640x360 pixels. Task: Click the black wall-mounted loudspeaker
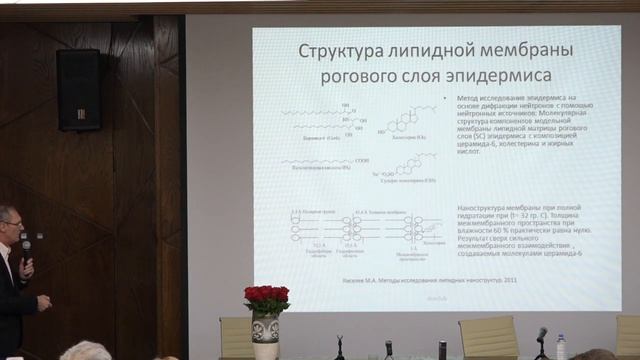[78, 89]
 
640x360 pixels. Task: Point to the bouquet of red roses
[266, 297]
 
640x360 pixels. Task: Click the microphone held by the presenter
[26, 250]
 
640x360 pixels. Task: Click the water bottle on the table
[561, 347]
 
